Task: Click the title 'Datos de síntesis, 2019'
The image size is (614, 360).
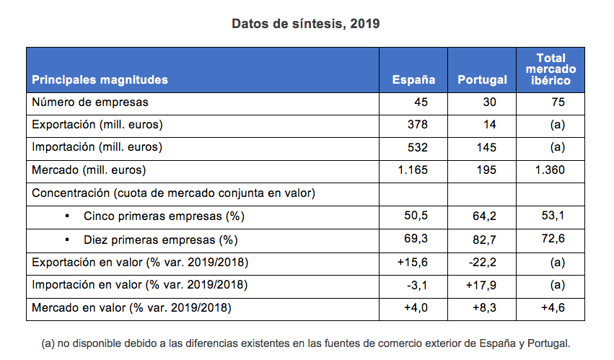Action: click(306, 23)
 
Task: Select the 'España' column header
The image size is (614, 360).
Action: click(413, 79)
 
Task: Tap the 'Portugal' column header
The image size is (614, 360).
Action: click(482, 79)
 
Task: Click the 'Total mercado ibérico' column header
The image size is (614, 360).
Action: click(551, 69)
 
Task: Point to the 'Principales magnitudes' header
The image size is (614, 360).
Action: click(100, 79)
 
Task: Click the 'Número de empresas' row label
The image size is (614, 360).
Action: click(90, 102)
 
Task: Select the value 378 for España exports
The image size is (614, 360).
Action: click(418, 125)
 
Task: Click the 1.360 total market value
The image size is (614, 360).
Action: click(551, 170)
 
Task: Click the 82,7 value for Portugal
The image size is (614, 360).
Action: click(484, 239)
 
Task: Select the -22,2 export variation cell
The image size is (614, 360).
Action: click(483, 263)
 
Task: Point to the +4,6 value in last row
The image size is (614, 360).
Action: click(553, 308)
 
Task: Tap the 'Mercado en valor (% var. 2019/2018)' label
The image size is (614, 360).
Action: click(131, 308)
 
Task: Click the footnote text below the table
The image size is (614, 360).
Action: click(306, 343)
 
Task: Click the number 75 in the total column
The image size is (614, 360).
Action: click(558, 102)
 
